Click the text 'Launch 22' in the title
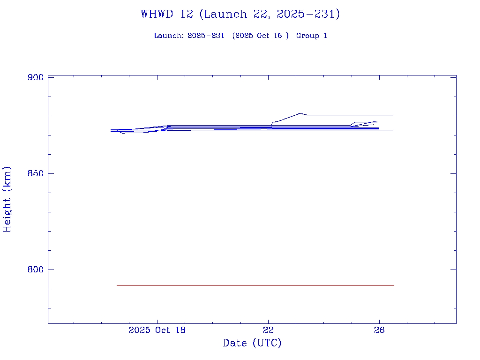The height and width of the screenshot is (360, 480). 226,14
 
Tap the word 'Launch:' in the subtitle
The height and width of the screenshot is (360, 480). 169,36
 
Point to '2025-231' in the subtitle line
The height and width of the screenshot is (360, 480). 206,36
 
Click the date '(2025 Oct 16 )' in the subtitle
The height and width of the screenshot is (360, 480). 260,36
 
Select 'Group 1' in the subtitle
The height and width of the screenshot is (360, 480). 311,36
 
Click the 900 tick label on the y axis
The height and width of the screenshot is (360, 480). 36,77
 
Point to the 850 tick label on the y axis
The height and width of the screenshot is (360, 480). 36,173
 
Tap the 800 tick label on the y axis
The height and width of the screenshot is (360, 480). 36,270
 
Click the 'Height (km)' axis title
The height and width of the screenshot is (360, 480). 7,199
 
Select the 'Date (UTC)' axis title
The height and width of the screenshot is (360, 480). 252,343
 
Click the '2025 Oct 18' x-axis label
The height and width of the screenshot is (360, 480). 157,330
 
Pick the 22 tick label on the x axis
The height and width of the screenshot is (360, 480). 268,330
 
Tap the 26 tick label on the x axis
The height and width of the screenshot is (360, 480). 379,330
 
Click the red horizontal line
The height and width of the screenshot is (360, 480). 255,285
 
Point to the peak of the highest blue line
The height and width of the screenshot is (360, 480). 300,113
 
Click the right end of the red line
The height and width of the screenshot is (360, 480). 394,285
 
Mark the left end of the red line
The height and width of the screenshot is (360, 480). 117,285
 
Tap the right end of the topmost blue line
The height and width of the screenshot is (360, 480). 393,115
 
